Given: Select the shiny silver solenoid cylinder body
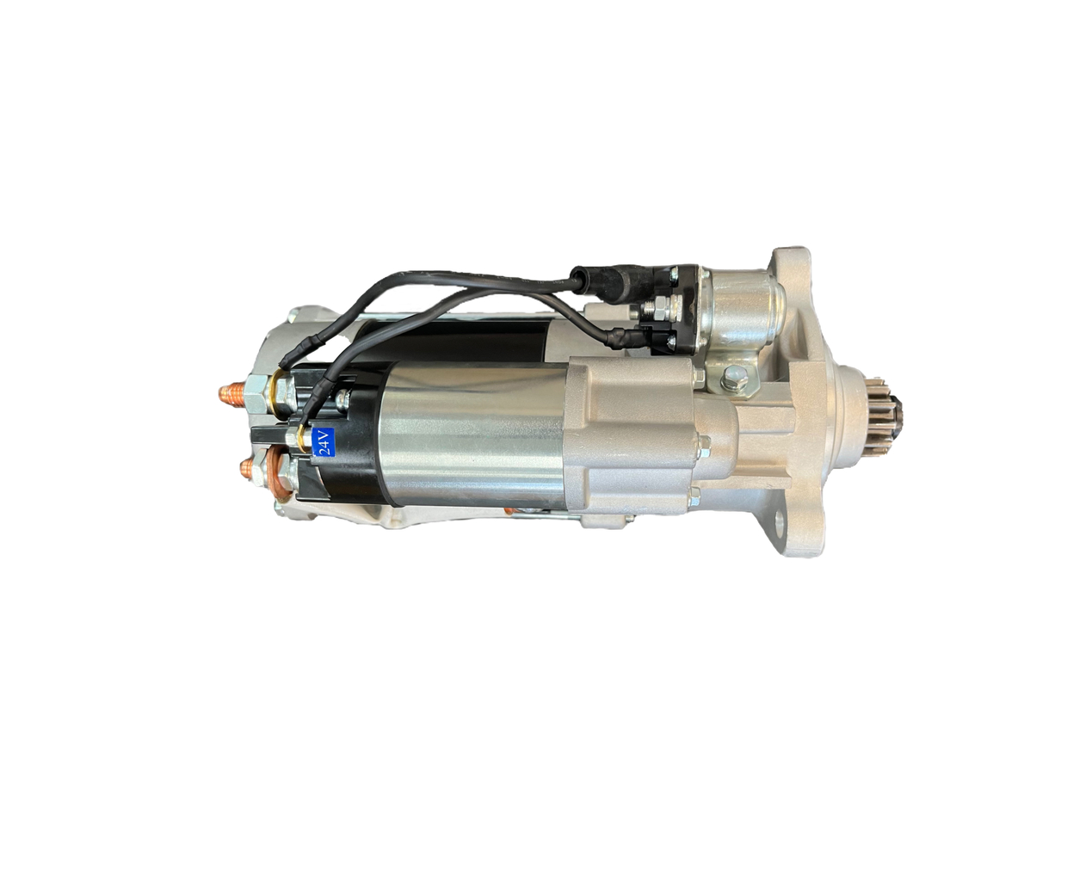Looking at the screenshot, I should coord(465,434).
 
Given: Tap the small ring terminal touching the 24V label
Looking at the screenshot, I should coord(302,436).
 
